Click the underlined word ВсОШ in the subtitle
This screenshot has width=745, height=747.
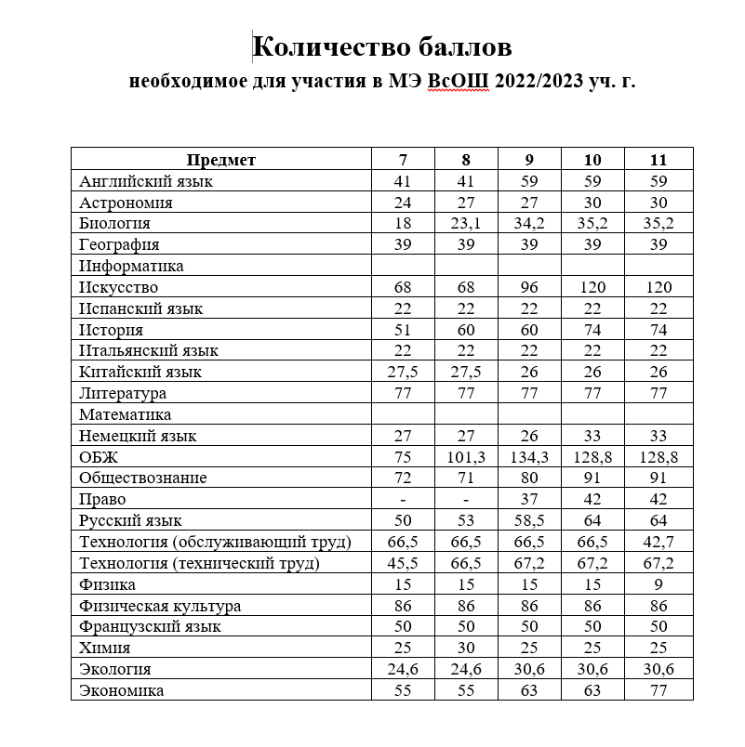pyautogui.click(x=452, y=81)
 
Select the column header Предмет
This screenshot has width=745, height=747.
pyautogui.click(x=220, y=160)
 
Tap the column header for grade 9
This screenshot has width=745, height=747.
pyautogui.click(x=529, y=160)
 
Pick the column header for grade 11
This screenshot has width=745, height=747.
pyautogui.click(x=659, y=160)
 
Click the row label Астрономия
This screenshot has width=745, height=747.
pyautogui.click(x=126, y=203)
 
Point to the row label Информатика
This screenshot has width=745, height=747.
pyautogui.click(x=131, y=267)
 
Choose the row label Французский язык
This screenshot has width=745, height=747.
pyautogui.click(x=150, y=627)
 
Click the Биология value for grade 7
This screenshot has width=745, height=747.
pyautogui.click(x=402, y=224)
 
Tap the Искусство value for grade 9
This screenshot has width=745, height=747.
pyautogui.click(x=529, y=288)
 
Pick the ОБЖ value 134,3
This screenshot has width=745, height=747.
pyautogui.click(x=529, y=457)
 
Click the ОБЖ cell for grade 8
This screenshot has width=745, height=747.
pyautogui.click(x=466, y=457)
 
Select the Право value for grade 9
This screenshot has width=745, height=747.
pyautogui.click(x=529, y=500)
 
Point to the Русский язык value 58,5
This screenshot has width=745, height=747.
pyautogui.click(x=529, y=521)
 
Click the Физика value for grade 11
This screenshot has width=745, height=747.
pyautogui.click(x=659, y=585)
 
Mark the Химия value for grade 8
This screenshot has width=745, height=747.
pyautogui.click(x=466, y=649)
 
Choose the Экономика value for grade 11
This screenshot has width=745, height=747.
pyautogui.click(x=659, y=691)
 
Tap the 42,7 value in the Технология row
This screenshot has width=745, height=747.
pyautogui.click(x=659, y=543)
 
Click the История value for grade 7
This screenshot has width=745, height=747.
pyautogui.click(x=402, y=330)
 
